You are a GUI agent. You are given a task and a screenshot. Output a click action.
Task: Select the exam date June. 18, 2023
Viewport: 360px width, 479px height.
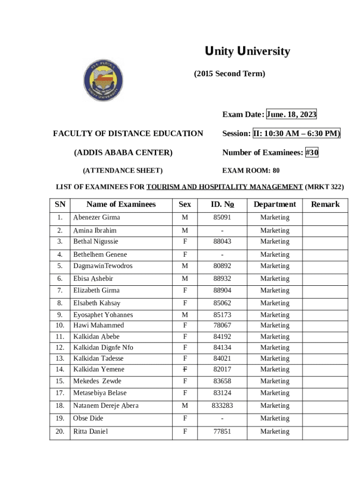point(291,115)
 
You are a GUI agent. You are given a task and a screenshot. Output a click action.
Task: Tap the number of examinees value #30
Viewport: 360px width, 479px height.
point(312,152)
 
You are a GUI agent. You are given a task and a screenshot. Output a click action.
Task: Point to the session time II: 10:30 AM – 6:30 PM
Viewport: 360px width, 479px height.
point(296,134)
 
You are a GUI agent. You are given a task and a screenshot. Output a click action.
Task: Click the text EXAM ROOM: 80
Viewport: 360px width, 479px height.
point(251,171)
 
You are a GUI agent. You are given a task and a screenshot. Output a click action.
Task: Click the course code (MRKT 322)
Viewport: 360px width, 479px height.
point(324,187)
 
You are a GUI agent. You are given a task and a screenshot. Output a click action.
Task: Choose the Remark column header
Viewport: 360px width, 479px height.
point(325,204)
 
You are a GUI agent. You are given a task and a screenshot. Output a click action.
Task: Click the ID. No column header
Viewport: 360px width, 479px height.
point(223,204)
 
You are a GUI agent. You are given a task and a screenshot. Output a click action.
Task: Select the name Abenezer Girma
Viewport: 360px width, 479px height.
point(97,218)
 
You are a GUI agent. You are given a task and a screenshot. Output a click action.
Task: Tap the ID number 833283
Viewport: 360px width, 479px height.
point(223,406)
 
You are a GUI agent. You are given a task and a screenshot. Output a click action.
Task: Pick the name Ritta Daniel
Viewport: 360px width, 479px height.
point(91,431)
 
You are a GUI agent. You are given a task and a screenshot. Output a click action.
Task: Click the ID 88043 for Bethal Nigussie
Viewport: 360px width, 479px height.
point(223,241)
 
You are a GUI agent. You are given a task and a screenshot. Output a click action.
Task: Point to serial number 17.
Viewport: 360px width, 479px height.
point(60,393)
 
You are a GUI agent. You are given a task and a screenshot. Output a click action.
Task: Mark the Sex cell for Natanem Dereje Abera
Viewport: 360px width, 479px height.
point(185,406)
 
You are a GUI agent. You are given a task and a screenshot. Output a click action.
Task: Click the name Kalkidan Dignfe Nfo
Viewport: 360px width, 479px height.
point(103,348)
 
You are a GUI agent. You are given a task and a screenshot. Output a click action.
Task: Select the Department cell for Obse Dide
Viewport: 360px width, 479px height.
point(275,418)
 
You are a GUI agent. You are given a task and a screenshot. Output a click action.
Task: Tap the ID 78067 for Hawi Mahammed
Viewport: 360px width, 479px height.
point(223,326)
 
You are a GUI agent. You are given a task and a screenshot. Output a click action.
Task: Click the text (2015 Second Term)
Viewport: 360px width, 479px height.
point(229,74)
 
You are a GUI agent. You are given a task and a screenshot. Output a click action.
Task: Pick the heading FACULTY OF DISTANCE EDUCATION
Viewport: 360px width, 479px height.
point(128,134)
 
